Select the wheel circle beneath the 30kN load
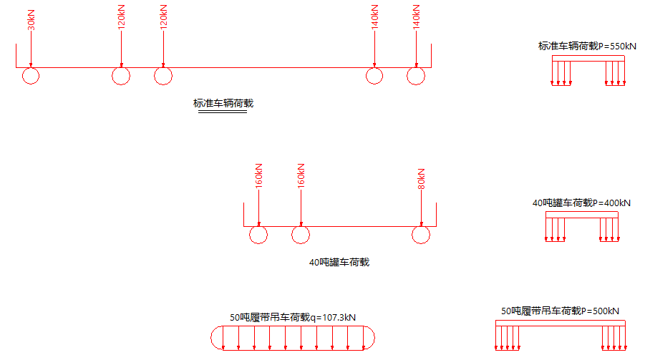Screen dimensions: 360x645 tap(31, 76)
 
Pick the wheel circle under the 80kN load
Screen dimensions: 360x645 tap(421, 234)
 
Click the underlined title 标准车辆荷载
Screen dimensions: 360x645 tap(223, 103)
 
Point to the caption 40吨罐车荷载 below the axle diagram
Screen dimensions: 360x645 tap(339, 263)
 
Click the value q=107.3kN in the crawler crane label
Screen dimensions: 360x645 tap(336, 317)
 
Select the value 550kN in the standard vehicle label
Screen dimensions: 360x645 tap(621, 47)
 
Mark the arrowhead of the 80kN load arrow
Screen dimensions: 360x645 tap(422, 223)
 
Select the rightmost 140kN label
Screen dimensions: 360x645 tap(417, 16)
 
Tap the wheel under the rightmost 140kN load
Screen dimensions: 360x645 tap(417, 76)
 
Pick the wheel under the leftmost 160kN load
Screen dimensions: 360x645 tap(258, 234)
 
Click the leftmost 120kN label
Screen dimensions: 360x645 tap(121, 16)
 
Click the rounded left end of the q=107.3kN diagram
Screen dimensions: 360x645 tap(216, 338)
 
